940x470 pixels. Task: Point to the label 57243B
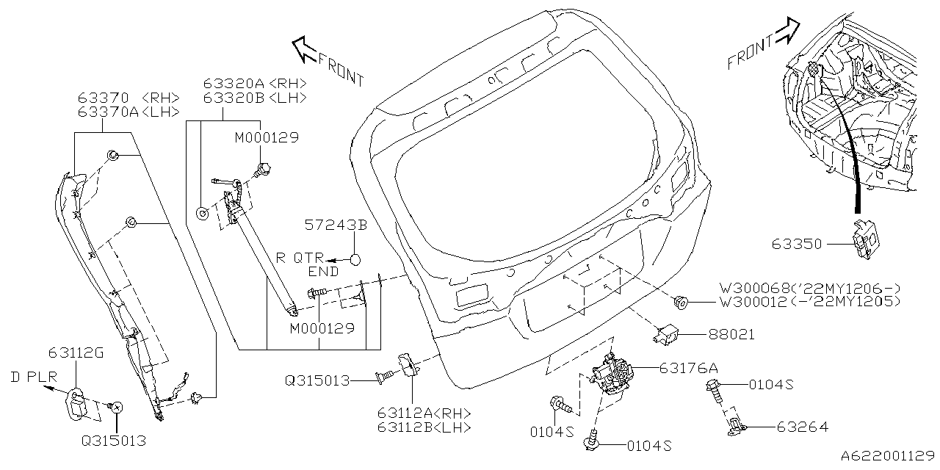coord(336,225)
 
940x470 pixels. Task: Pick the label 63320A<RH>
coord(255,84)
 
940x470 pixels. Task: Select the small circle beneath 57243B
coord(355,259)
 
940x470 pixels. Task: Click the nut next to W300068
coord(681,300)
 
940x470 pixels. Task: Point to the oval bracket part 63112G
coord(80,405)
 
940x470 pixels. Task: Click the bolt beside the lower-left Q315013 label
coord(115,406)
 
